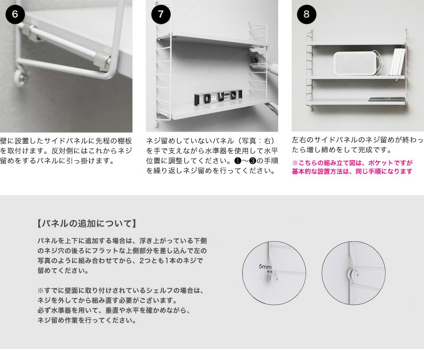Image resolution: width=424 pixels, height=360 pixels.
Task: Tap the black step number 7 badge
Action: click(160, 14)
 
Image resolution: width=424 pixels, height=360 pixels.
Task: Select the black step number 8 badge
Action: click(306, 14)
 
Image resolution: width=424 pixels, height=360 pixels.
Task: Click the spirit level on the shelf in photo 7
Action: click(218, 97)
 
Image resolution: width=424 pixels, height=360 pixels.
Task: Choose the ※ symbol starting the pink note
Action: click(295, 162)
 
